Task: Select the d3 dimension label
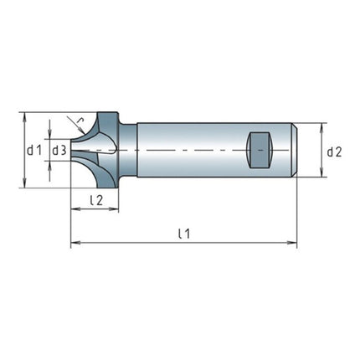tap(60, 150)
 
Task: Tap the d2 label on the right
tap(334, 152)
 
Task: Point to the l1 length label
tap(183, 234)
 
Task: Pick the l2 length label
tap(95, 200)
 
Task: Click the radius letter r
tap(80, 122)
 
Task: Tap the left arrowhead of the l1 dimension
tap(74, 244)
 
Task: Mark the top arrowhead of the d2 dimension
tap(321, 126)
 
